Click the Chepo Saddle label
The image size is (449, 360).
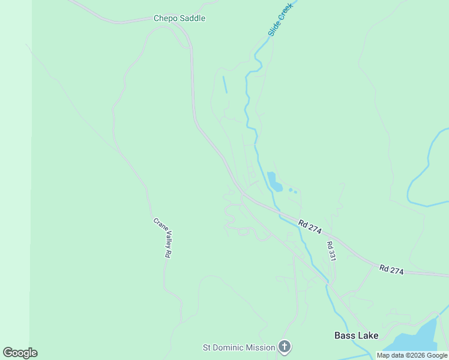179,19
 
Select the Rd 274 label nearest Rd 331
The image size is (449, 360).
310,226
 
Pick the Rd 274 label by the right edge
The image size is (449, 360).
391,270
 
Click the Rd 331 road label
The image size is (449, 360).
330,251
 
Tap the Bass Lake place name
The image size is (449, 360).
357,336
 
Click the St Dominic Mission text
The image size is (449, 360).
239,347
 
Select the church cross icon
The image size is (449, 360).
285,347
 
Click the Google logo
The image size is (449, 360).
20,353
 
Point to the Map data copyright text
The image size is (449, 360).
412,356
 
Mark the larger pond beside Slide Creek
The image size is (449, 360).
274,181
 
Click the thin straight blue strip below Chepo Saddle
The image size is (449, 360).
225,85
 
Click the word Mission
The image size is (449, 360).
260,347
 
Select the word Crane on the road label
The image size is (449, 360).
159,224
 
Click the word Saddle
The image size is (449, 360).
192,19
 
